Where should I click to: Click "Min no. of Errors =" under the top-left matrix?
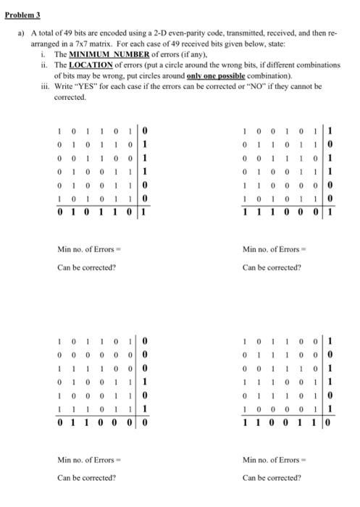(85, 250)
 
